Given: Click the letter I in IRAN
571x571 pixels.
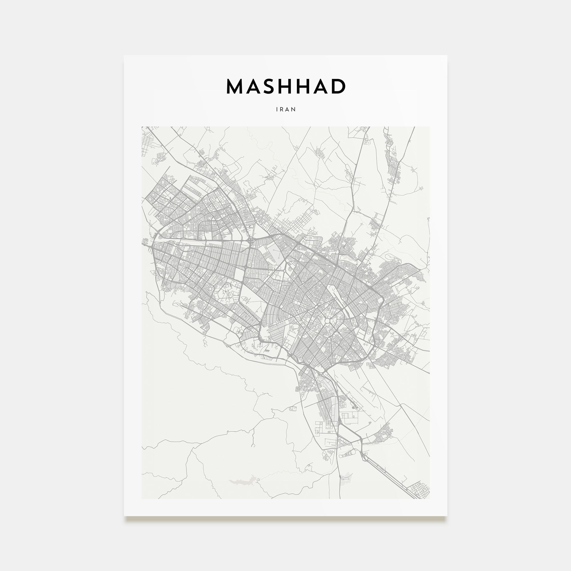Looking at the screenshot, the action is point(277,109).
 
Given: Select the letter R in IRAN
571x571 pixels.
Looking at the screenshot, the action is point(282,109).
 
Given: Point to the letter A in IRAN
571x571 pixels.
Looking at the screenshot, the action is point(288,109).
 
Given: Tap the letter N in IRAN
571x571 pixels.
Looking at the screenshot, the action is point(294,109).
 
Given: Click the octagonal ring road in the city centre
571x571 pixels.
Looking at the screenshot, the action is point(328,320).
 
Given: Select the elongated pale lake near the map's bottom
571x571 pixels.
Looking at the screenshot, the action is point(241,482).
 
